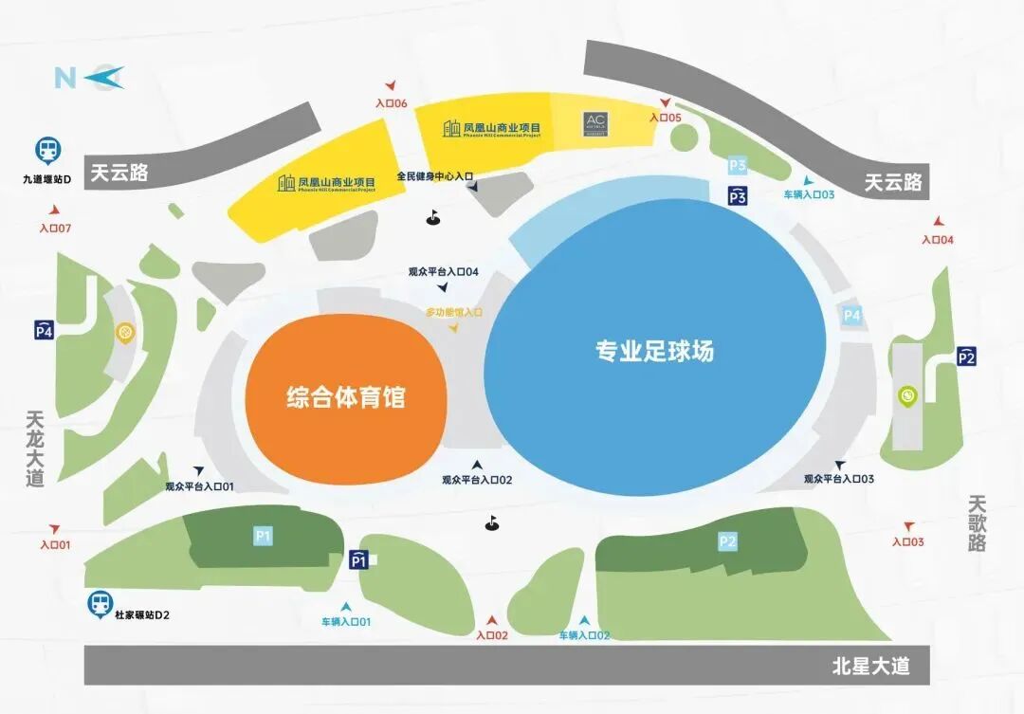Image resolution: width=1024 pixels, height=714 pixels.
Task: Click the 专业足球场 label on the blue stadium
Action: (x=654, y=351)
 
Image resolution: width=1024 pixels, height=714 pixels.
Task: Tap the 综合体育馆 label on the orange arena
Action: (x=346, y=396)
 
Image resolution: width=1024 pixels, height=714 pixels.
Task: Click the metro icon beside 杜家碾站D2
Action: (x=99, y=603)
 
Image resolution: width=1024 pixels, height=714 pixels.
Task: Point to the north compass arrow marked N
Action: (x=89, y=77)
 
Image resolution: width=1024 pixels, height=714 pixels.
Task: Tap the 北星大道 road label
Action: (x=870, y=666)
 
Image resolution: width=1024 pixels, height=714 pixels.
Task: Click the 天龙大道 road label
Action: (x=36, y=448)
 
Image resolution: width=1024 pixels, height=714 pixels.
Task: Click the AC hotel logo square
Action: (x=595, y=124)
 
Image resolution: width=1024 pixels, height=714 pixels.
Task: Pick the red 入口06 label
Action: (x=391, y=103)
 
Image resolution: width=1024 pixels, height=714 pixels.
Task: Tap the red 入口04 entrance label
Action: (x=937, y=240)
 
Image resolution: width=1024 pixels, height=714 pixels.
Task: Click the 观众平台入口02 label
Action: (x=477, y=480)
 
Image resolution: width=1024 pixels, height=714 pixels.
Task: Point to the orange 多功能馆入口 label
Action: (x=453, y=311)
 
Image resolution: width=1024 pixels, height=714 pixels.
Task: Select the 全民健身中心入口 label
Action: (x=434, y=176)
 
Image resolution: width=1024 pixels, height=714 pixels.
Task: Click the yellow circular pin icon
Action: (x=123, y=333)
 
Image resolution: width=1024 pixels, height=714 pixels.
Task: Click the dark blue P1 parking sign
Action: (x=358, y=559)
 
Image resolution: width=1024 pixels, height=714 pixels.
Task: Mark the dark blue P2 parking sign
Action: (x=966, y=357)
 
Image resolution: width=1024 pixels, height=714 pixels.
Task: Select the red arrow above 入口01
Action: (x=55, y=527)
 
